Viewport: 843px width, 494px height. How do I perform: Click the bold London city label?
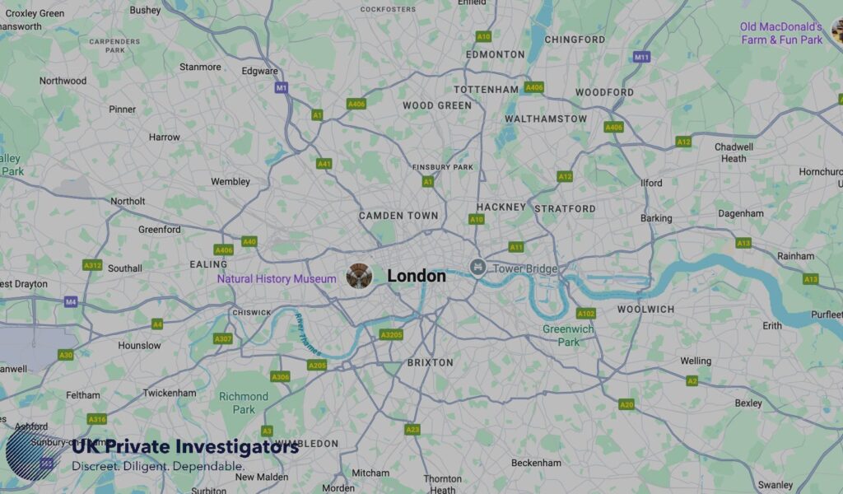(417, 276)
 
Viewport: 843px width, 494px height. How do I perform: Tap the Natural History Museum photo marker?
(359, 276)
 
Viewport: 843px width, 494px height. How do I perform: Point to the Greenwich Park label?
(568, 335)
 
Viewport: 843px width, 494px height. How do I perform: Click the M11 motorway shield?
(641, 57)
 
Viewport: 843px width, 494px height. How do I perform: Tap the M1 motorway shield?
(282, 87)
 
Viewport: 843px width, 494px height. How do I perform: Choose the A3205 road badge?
(391, 334)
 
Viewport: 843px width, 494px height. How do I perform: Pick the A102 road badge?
(586, 313)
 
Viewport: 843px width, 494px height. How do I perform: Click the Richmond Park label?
(244, 403)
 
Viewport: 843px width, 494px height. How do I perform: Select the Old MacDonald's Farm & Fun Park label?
(781, 33)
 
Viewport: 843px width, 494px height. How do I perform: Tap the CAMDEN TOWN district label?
(398, 216)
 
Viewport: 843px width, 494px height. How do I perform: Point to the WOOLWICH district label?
(646, 309)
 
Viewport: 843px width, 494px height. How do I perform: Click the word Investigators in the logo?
(237, 448)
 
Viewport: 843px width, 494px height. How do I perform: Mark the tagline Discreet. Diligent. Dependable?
(158, 467)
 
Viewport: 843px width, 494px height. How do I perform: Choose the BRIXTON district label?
(430, 362)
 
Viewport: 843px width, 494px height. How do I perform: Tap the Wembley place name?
(231, 181)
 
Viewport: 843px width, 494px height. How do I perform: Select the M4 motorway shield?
(71, 302)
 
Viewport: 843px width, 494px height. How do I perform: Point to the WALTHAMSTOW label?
(546, 119)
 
